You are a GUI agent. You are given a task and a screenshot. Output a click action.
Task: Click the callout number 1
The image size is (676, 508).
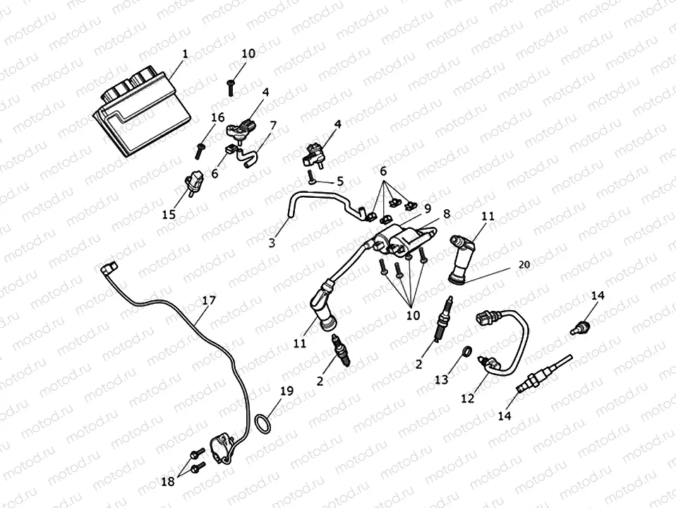(185, 53)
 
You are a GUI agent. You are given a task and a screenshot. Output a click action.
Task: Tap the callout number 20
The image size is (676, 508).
(522, 264)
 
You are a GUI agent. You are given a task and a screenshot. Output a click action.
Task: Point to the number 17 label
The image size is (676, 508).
(209, 300)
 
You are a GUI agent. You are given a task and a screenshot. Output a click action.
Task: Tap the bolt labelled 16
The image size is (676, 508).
(200, 148)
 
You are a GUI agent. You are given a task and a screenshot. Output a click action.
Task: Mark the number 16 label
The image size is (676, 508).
(217, 117)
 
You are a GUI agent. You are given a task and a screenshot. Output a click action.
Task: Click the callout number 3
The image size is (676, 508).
(272, 244)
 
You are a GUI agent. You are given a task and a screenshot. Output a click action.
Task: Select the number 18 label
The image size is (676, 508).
(167, 482)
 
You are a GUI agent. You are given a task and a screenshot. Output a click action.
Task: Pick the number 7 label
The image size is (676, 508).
(272, 125)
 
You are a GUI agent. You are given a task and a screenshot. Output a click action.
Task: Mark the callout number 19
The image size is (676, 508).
(286, 390)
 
